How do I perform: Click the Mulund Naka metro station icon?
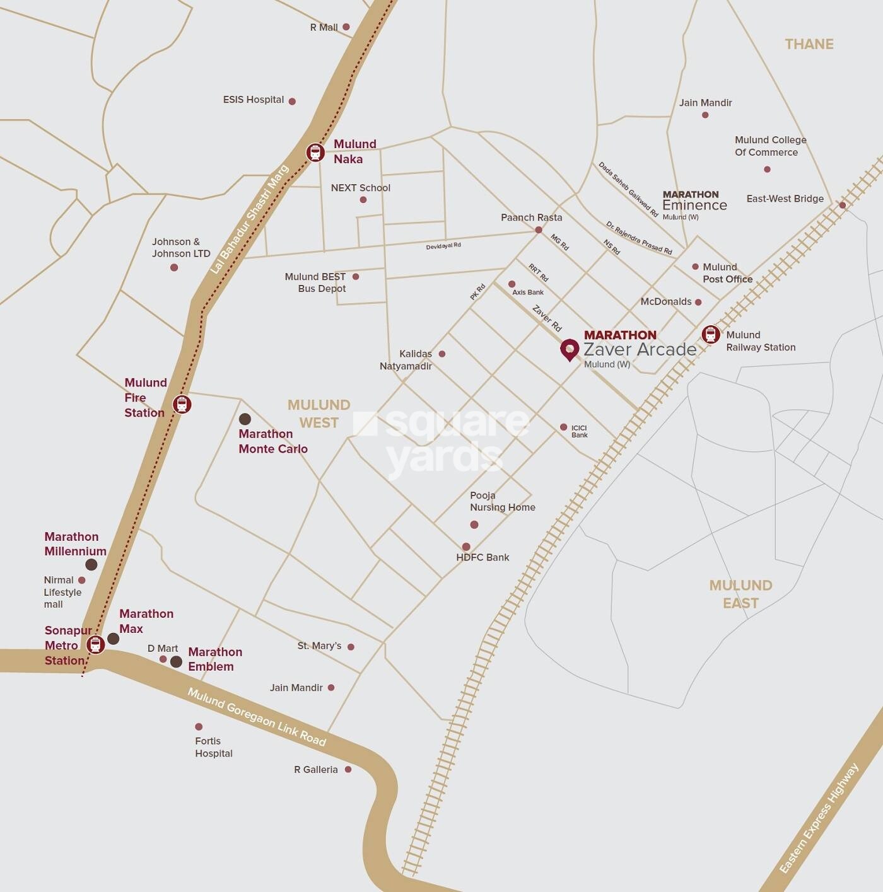coord(315,153)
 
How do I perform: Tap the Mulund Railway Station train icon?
coord(711,334)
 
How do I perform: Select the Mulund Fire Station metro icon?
coord(182,404)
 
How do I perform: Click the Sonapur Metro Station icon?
coord(95,644)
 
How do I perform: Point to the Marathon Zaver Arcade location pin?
coord(570,349)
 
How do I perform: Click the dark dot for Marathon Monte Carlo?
coord(245,419)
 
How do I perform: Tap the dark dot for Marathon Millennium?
coord(91,564)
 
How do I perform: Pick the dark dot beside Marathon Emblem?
coord(177,662)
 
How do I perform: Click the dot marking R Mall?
coord(346,27)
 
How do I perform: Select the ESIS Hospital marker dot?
coord(292,101)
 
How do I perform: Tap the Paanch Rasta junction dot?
coord(538,230)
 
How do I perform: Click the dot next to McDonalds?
coord(698,303)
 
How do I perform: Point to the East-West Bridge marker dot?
coord(842,205)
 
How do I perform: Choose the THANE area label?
coord(809,44)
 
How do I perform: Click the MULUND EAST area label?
coord(740,594)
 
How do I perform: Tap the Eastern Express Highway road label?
coord(819,818)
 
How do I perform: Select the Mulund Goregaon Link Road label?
coord(257,717)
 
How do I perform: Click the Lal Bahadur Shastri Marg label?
coord(249,219)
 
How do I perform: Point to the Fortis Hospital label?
coord(213,747)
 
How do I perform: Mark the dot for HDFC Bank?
coord(466,547)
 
